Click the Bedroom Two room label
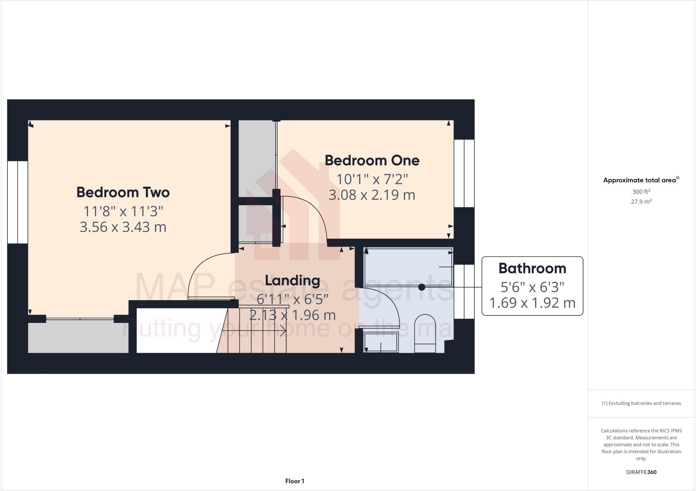point(123,193)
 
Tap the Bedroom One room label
point(372,161)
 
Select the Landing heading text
point(292,280)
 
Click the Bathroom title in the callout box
point(532,268)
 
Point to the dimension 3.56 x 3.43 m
point(123,227)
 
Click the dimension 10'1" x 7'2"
point(372,179)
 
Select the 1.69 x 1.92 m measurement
point(532,303)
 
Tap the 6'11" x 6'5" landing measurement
point(292,299)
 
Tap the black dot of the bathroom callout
point(422,287)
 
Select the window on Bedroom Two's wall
point(17,202)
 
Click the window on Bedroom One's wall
point(464,173)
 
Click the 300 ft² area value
point(641,192)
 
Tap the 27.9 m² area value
point(641,202)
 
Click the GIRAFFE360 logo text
point(641,472)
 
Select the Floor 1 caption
point(295,481)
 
